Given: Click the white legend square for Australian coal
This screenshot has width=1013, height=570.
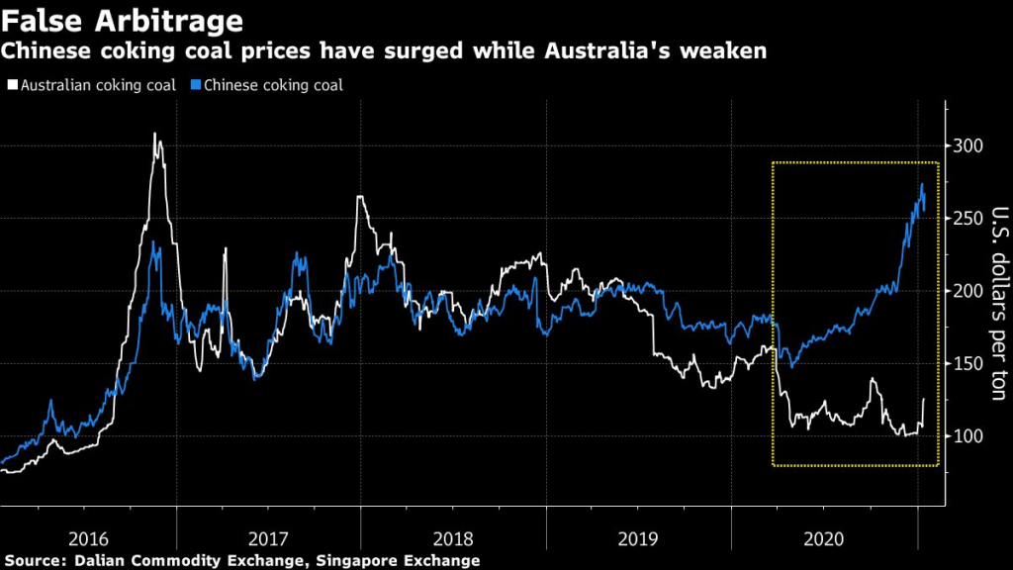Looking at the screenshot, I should (x=12, y=85).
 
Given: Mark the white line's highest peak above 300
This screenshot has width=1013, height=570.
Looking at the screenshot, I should (x=155, y=134).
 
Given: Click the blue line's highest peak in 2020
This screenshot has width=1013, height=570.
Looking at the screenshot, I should (x=922, y=184).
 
